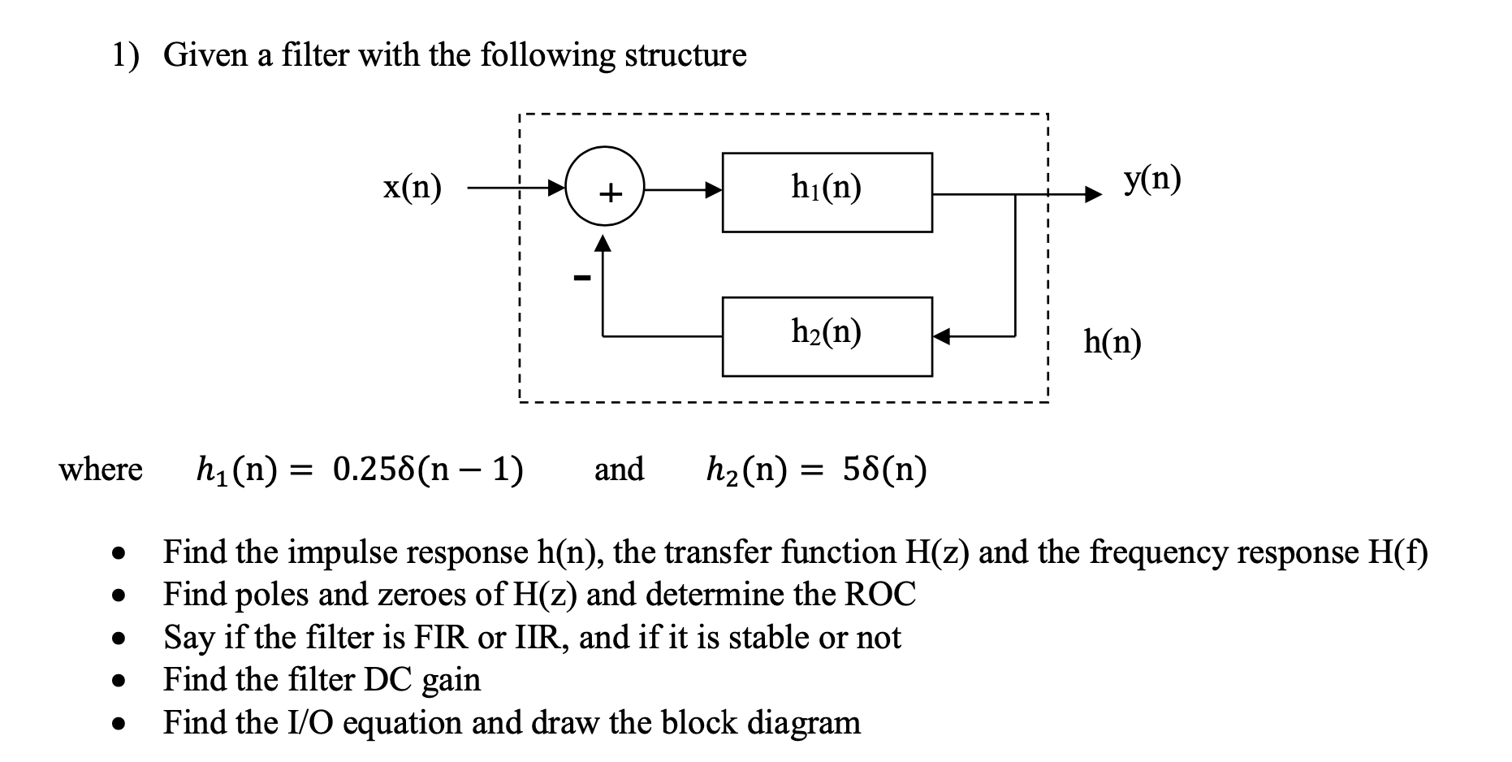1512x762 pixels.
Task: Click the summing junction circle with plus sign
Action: tap(605, 193)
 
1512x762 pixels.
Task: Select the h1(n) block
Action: tap(827, 193)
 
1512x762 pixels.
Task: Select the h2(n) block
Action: tap(827, 336)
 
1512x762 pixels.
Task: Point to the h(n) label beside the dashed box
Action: tap(1112, 343)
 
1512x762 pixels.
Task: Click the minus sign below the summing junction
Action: tap(581, 279)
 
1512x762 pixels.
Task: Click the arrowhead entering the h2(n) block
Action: tap(941, 336)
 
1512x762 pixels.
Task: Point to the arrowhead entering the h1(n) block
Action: tap(714, 192)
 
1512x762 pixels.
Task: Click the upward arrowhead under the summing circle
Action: tap(603, 245)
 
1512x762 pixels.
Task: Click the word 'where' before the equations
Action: tap(101, 470)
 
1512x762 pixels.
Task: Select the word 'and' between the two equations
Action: tap(619, 470)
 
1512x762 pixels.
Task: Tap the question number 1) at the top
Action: tap(125, 55)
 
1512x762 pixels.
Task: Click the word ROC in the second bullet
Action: tap(880, 595)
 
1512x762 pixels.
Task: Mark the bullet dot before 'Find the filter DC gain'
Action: tap(119, 681)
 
